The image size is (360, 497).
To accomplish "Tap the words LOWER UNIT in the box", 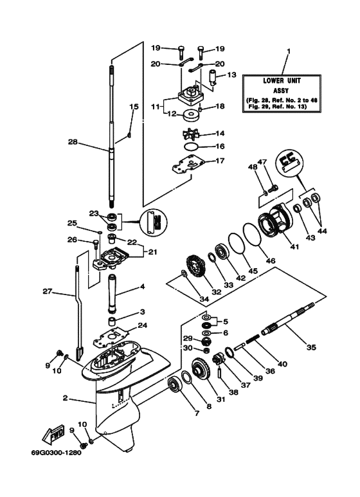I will coord(282,80).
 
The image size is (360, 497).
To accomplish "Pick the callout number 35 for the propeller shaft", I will coord(310,347).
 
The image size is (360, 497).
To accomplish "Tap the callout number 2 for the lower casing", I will coord(66,399).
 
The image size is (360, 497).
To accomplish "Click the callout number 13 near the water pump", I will coord(233,75).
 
